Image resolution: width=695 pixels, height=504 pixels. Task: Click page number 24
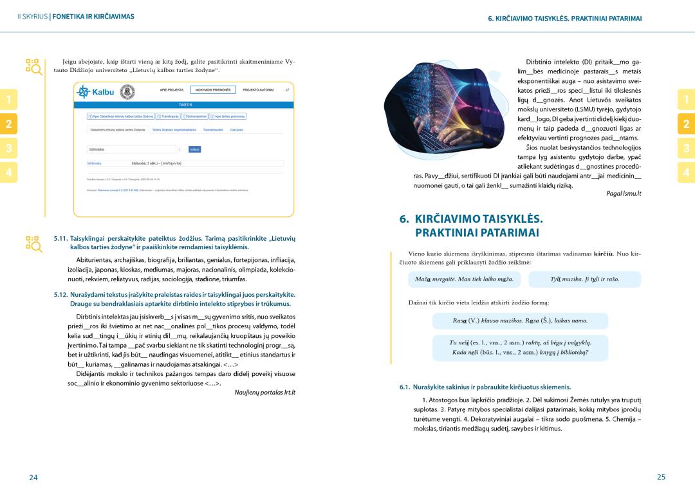(33, 477)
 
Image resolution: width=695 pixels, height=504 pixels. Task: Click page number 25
(661, 477)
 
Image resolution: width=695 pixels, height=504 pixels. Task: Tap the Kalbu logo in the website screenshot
(95, 91)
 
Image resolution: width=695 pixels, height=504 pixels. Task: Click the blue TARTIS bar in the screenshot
(185, 104)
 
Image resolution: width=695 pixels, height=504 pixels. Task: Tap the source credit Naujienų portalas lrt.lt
(264, 392)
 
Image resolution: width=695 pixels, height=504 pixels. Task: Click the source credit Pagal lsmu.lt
(624, 194)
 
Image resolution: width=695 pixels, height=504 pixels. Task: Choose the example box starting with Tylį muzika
(584, 279)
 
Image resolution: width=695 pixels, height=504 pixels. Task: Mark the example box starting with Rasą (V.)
(520, 321)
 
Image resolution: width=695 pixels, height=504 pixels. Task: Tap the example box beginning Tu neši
(520, 348)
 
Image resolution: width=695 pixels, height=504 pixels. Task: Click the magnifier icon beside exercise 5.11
(33, 243)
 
